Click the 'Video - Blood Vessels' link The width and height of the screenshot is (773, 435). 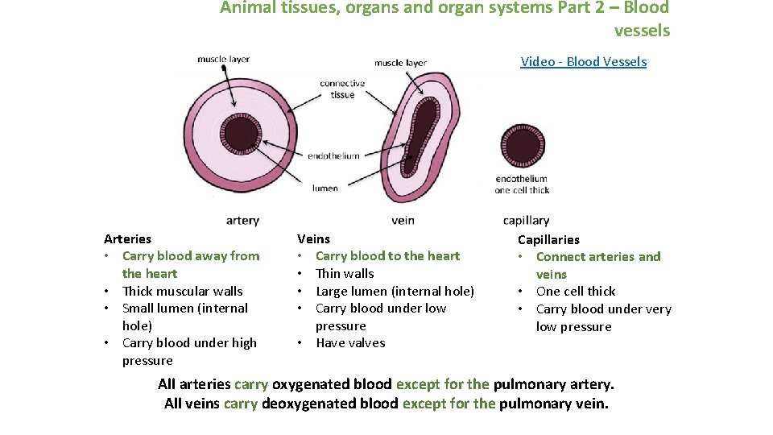583,62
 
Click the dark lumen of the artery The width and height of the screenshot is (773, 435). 242,132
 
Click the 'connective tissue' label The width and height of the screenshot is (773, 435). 342,89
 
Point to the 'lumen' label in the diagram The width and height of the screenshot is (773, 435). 325,188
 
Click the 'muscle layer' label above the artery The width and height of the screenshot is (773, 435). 223,59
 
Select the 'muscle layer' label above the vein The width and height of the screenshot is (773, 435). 400,63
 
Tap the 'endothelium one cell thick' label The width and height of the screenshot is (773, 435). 522,184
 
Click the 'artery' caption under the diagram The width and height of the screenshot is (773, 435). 242,220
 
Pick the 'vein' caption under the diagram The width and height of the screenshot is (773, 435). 403,220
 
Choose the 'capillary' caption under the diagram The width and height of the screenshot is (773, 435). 526,220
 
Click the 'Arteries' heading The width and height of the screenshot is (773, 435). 127,238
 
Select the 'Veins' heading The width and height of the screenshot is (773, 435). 313,238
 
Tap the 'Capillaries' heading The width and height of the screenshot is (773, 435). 548,239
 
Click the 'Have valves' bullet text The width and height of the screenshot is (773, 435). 350,343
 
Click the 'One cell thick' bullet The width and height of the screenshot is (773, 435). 576,291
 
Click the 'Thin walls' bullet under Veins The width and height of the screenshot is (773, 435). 345,273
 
